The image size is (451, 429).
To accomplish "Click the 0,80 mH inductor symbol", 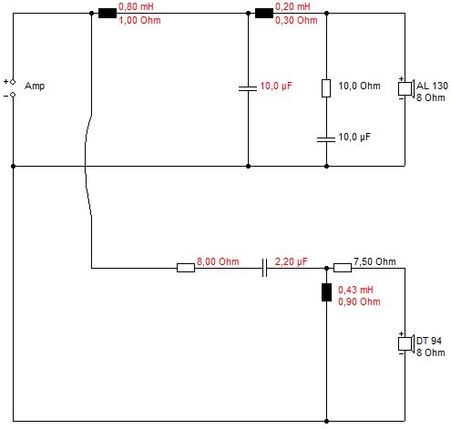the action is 108,14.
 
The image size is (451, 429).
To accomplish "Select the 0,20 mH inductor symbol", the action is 264,14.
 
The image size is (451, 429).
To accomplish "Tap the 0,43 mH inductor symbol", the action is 326,292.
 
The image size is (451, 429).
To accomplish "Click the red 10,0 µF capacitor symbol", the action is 248,88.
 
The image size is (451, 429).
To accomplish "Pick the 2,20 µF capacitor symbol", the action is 264,268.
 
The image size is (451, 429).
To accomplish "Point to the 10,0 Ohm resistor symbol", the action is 326,88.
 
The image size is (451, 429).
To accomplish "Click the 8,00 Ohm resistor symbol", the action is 186,268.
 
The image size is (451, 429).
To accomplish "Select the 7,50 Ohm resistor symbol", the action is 343,268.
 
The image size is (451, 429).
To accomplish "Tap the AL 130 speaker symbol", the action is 406,88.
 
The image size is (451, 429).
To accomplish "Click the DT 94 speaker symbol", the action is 406,343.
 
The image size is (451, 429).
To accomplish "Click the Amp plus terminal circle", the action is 13,82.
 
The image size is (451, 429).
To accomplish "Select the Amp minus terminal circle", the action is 13,95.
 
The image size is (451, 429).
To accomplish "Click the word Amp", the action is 35,87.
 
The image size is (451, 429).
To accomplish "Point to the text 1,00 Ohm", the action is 139,20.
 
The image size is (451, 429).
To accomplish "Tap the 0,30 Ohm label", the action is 296,20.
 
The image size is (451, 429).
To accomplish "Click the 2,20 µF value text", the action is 292,261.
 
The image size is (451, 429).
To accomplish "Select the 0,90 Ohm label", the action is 359,301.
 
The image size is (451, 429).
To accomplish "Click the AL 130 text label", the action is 432,86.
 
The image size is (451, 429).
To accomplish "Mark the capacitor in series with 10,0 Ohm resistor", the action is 326,139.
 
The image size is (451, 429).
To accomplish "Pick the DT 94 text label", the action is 429,341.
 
